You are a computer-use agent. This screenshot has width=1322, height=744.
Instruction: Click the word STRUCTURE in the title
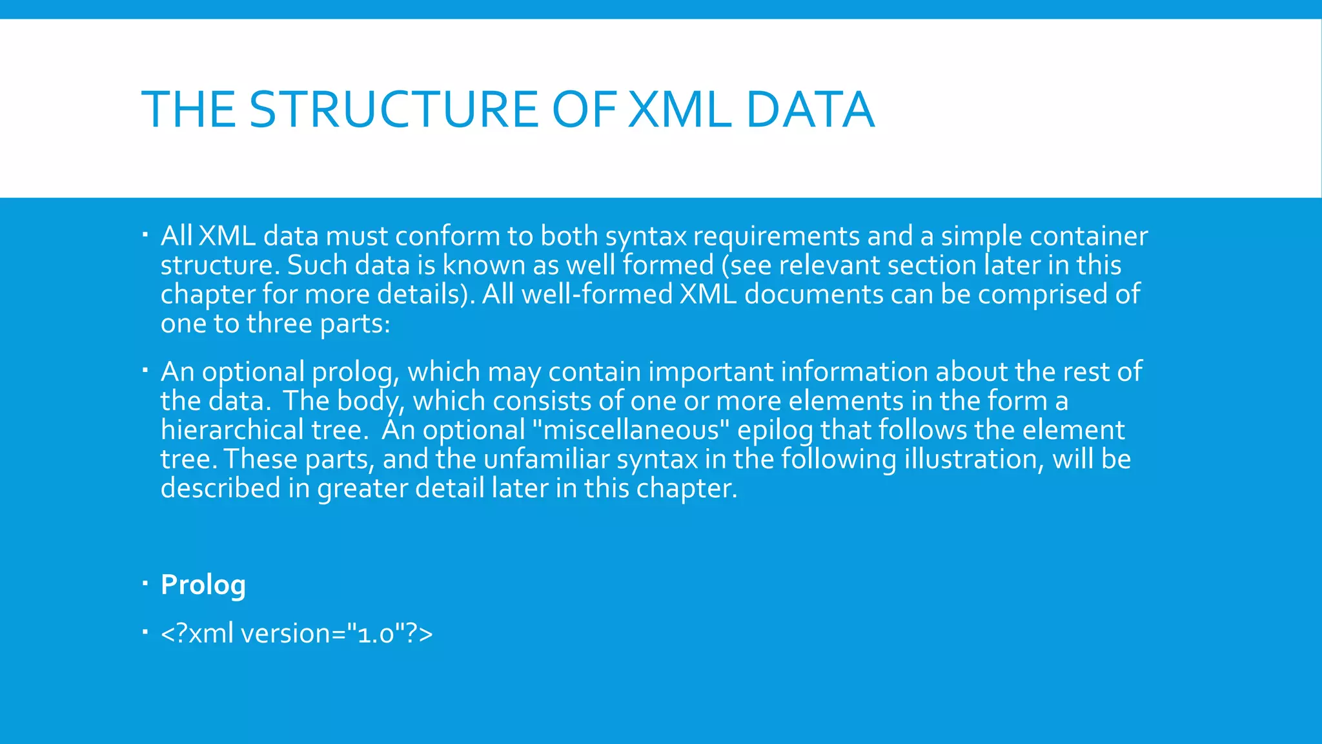point(393,109)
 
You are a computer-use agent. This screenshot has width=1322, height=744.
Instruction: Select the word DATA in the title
point(809,109)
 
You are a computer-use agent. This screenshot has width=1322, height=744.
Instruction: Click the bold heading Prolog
point(203,584)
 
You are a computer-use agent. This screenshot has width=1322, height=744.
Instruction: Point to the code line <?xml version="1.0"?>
point(296,634)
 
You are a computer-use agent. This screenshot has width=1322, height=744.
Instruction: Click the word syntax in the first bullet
point(646,237)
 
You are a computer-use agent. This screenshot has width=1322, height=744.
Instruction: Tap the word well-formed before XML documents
point(596,294)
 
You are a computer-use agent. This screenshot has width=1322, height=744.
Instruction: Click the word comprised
point(1042,294)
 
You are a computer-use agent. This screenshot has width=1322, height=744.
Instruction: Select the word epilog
point(775,430)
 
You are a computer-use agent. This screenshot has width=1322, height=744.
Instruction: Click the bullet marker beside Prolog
point(145,584)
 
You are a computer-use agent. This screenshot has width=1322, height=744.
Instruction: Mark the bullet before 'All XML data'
point(145,235)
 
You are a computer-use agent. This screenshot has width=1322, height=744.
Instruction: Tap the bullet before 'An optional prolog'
point(145,371)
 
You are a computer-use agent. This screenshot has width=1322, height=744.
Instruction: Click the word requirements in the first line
point(776,237)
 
